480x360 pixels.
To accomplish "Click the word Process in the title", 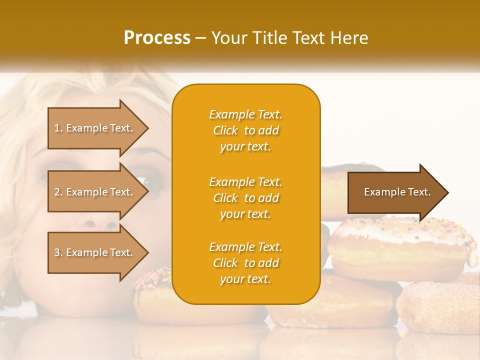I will [157, 38].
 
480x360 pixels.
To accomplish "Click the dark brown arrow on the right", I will [397, 192].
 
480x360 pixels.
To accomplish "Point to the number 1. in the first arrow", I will [58, 128].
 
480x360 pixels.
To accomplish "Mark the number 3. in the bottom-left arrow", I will [58, 252].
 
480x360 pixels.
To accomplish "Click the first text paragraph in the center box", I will [245, 130].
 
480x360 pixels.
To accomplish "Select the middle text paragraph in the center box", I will [245, 198].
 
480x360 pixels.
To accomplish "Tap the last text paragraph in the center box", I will [245, 263].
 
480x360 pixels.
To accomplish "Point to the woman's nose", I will [95, 222].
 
